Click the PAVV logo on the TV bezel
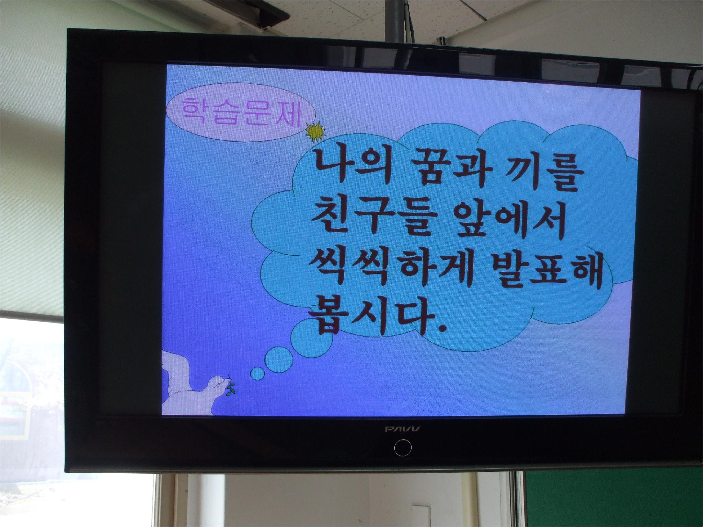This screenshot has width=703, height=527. click(403, 429)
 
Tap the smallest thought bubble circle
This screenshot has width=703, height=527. click(258, 374)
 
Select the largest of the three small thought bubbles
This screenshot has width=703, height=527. click(311, 335)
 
